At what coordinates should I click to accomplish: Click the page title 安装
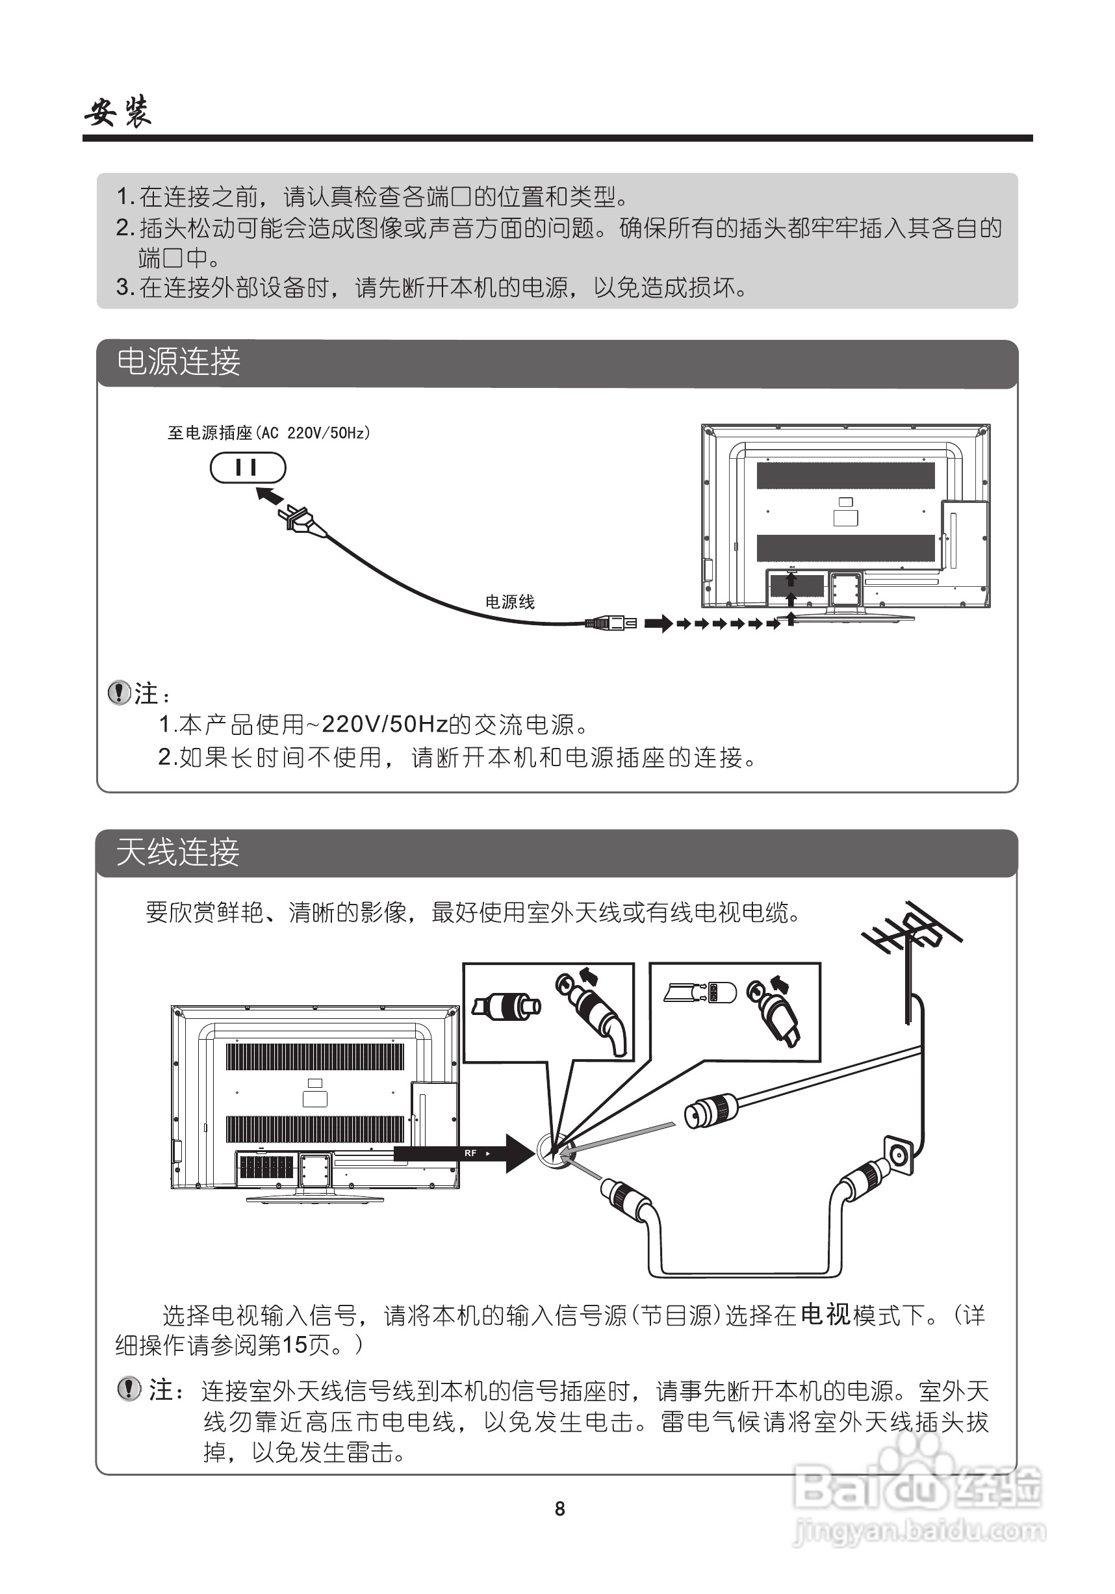coord(118,111)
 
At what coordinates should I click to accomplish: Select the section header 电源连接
coord(179,362)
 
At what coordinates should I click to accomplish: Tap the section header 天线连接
coord(178,852)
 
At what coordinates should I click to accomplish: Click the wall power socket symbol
coord(248,467)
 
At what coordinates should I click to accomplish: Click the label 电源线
coord(509,602)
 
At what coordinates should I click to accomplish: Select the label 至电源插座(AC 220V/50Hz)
coord(269,433)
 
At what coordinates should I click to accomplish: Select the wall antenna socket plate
coord(900,1156)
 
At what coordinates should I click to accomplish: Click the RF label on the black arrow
coord(470,1153)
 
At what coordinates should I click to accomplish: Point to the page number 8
coord(559,1509)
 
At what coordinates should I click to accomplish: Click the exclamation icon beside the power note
coord(120,692)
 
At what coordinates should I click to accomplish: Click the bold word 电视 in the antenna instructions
coord(825,1314)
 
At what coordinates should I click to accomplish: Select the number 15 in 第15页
coord(294,1344)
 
